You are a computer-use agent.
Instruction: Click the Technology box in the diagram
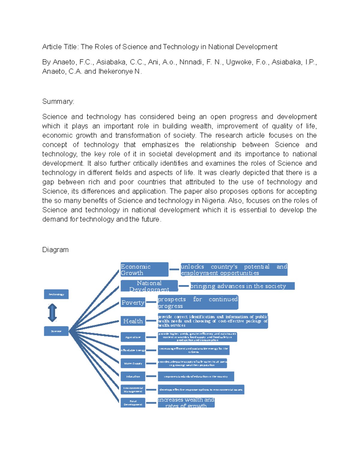click(x=56, y=294)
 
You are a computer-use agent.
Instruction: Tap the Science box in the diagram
click(x=56, y=331)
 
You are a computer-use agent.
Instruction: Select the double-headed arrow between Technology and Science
click(x=52, y=313)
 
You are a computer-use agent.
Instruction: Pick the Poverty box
click(x=133, y=302)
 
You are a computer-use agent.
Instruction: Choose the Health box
click(x=133, y=321)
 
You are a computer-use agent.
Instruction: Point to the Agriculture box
click(x=133, y=337)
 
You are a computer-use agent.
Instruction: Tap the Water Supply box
click(x=133, y=363)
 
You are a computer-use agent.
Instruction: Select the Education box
click(x=133, y=376)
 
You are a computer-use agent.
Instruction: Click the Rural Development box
click(x=133, y=403)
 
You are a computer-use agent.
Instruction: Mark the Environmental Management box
click(x=133, y=389)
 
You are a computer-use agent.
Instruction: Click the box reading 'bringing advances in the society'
click(x=242, y=286)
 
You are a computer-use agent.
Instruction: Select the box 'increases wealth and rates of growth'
click(x=186, y=403)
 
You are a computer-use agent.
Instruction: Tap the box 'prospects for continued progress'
click(x=198, y=302)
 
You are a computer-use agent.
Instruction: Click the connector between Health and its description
click(x=151, y=321)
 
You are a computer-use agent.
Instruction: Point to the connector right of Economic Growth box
click(x=174, y=269)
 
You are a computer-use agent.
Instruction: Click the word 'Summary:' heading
click(x=58, y=101)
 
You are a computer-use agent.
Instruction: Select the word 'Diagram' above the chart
click(x=55, y=250)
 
